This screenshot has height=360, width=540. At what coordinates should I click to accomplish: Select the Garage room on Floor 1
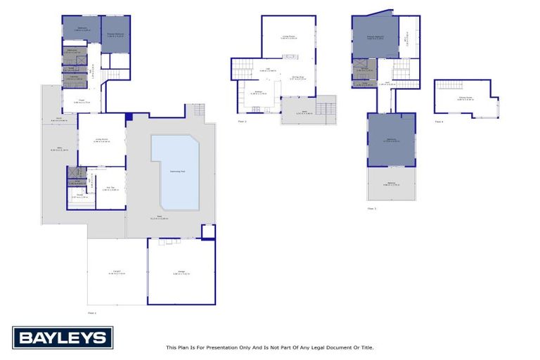(181, 273)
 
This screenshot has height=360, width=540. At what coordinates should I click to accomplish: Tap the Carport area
(117, 273)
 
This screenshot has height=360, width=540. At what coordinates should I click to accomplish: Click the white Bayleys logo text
(63, 338)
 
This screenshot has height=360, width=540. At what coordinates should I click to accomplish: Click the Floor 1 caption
(92, 311)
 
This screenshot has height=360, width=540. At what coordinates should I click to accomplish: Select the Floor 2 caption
(242, 122)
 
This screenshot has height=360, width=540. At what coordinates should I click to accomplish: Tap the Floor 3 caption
(371, 208)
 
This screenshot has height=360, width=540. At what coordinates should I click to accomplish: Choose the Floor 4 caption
(439, 122)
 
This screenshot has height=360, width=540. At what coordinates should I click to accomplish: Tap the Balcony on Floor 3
(391, 184)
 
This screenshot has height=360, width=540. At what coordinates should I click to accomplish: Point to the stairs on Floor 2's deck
(326, 109)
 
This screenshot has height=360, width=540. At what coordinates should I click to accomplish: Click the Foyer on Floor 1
(82, 103)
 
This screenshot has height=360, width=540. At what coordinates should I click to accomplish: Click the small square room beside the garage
(208, 231)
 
